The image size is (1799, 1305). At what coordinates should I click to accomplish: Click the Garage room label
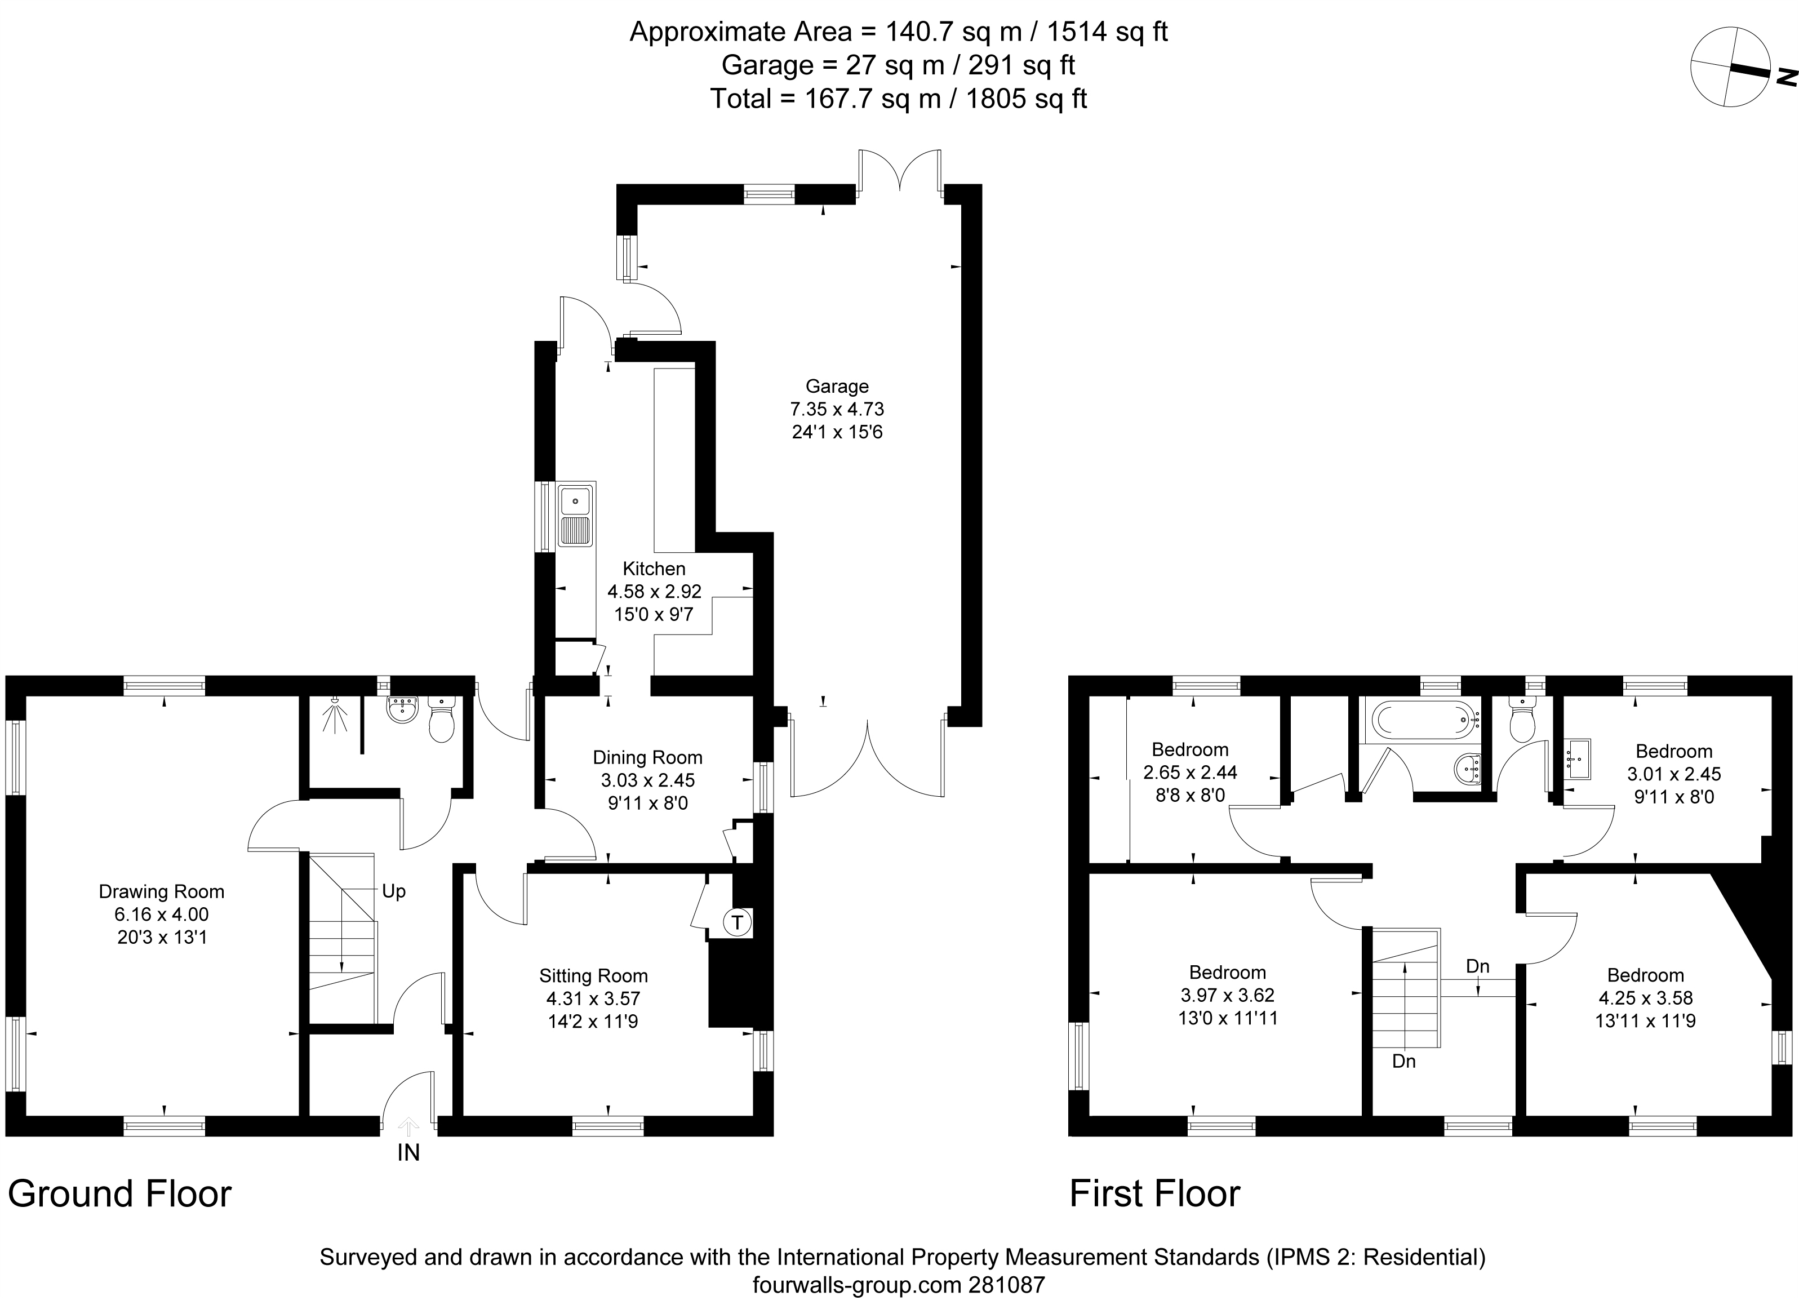point(837,387)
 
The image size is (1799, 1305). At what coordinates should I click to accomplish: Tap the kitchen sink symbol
point(575,515)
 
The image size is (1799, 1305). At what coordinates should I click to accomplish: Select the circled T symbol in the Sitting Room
point(738,922)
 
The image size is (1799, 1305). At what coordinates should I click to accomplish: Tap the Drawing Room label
point(161,891)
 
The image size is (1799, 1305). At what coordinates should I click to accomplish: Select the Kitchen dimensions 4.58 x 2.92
point(654,591)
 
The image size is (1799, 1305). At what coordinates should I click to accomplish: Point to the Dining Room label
point(647,758)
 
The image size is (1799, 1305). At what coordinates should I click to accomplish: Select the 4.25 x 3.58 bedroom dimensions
point(1645,998)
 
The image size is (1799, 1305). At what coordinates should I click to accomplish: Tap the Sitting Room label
point(593,976)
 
